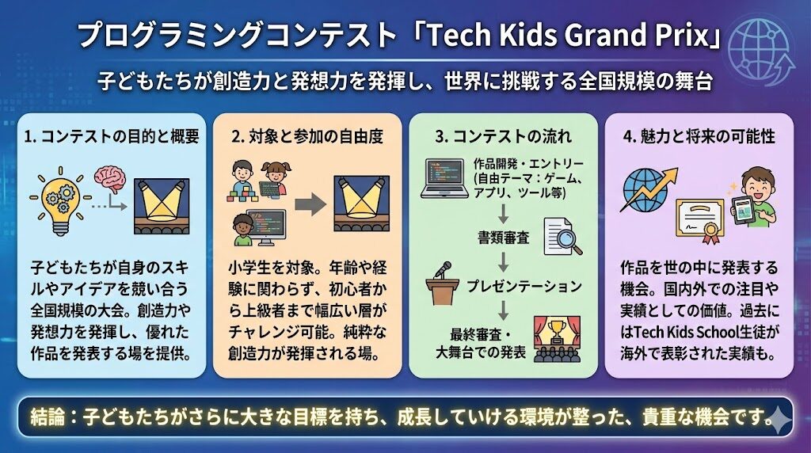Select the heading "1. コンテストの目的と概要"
112,136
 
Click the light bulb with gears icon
59,201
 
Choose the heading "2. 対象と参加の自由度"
307,136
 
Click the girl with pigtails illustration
275,179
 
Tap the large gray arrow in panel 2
310,205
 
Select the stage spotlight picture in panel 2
361,204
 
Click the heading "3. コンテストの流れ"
503,136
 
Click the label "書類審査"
503,238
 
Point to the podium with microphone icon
442,283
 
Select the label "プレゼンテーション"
524,285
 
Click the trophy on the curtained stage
557,331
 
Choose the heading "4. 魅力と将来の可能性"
699,136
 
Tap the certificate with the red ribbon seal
700,221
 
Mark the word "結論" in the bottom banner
48,417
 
